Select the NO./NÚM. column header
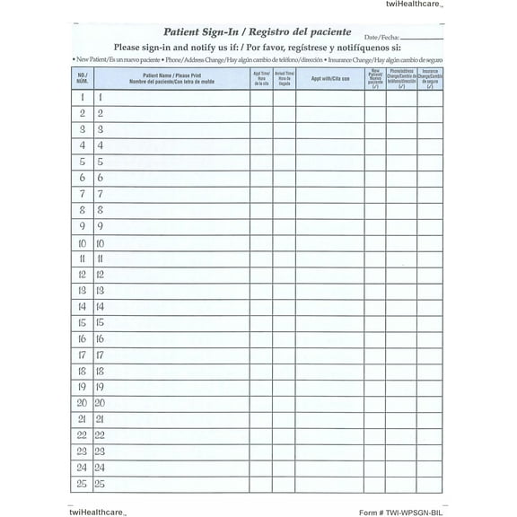coord(82,78)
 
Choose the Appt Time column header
coord(261,78)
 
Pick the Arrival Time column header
coord(285,78)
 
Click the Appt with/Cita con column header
coord(329,78)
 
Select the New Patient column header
coord(376,78)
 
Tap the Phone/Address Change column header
coord(402,78)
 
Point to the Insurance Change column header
coord(430,78)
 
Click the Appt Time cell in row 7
coord(261,194)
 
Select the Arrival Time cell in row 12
coord(285,275)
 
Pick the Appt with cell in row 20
coord(329,404)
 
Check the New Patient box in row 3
coord(376,129)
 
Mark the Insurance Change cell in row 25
coord(430,485)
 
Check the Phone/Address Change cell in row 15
coord(402,323)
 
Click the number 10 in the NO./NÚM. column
coord(82,242)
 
